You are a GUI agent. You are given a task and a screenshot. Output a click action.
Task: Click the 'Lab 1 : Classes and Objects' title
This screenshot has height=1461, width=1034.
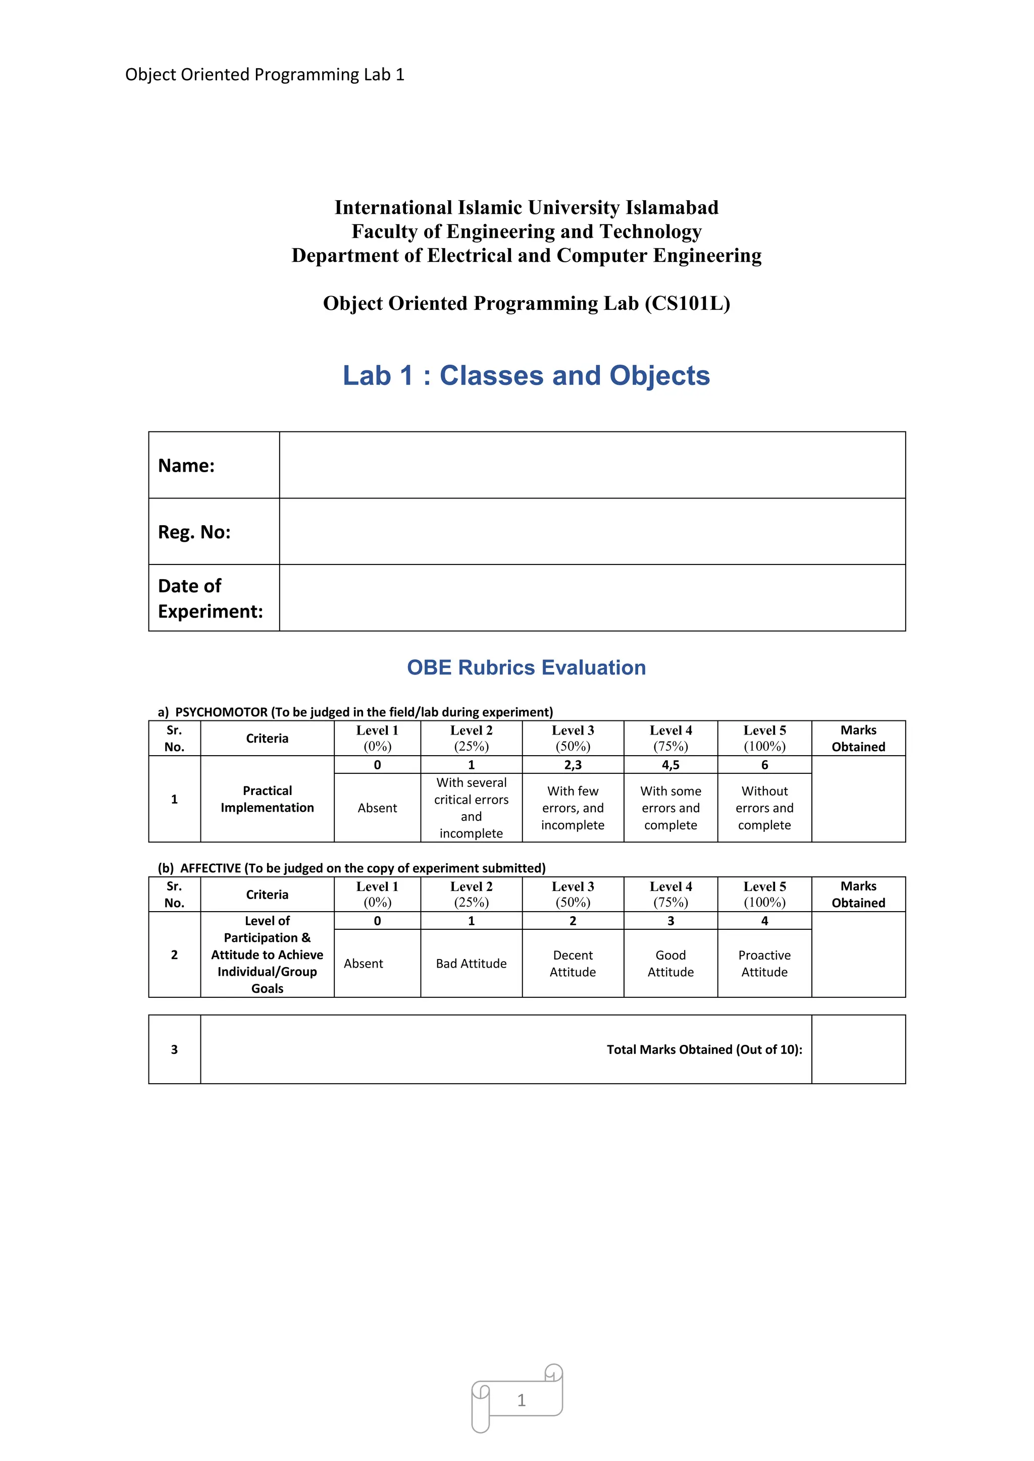point(526,375)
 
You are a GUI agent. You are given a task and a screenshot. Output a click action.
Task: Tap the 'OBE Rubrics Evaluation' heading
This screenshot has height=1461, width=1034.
point(526,667)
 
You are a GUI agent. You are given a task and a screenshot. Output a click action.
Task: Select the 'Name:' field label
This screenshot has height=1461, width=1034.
point(186,466)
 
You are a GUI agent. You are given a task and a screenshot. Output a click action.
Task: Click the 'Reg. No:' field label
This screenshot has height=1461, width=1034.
point(194,532)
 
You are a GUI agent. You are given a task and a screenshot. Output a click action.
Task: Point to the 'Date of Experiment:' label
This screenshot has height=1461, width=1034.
point(210,598)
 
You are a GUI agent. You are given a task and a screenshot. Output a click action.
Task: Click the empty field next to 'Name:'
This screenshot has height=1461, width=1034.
point(592,465)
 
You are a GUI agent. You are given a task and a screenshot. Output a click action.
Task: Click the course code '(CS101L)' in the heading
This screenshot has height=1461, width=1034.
point(687,304)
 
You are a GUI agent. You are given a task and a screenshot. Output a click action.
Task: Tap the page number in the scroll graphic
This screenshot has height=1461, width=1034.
point(522,1400)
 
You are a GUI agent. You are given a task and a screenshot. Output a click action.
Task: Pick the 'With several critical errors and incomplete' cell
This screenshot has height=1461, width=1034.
point(471,808)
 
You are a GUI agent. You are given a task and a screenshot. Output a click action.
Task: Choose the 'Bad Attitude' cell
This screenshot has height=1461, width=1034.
point(471,964)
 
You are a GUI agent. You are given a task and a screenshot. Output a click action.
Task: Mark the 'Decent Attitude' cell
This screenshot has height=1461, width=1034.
point(573,964)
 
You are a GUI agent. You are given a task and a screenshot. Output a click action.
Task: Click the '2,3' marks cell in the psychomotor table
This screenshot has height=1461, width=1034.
point(573,765)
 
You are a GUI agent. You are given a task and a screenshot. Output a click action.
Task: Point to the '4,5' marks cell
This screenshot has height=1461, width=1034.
point(670,765)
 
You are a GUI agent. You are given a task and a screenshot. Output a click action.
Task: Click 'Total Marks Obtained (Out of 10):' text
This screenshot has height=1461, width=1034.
point(704,1049)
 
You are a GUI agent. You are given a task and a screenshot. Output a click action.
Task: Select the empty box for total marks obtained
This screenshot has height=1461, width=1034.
point(858,1049)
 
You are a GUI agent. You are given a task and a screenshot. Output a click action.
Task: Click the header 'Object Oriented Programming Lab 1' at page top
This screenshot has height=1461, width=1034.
point(265,75)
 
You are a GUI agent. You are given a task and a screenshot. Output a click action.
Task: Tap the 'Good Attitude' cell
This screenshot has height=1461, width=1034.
point(670,964)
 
